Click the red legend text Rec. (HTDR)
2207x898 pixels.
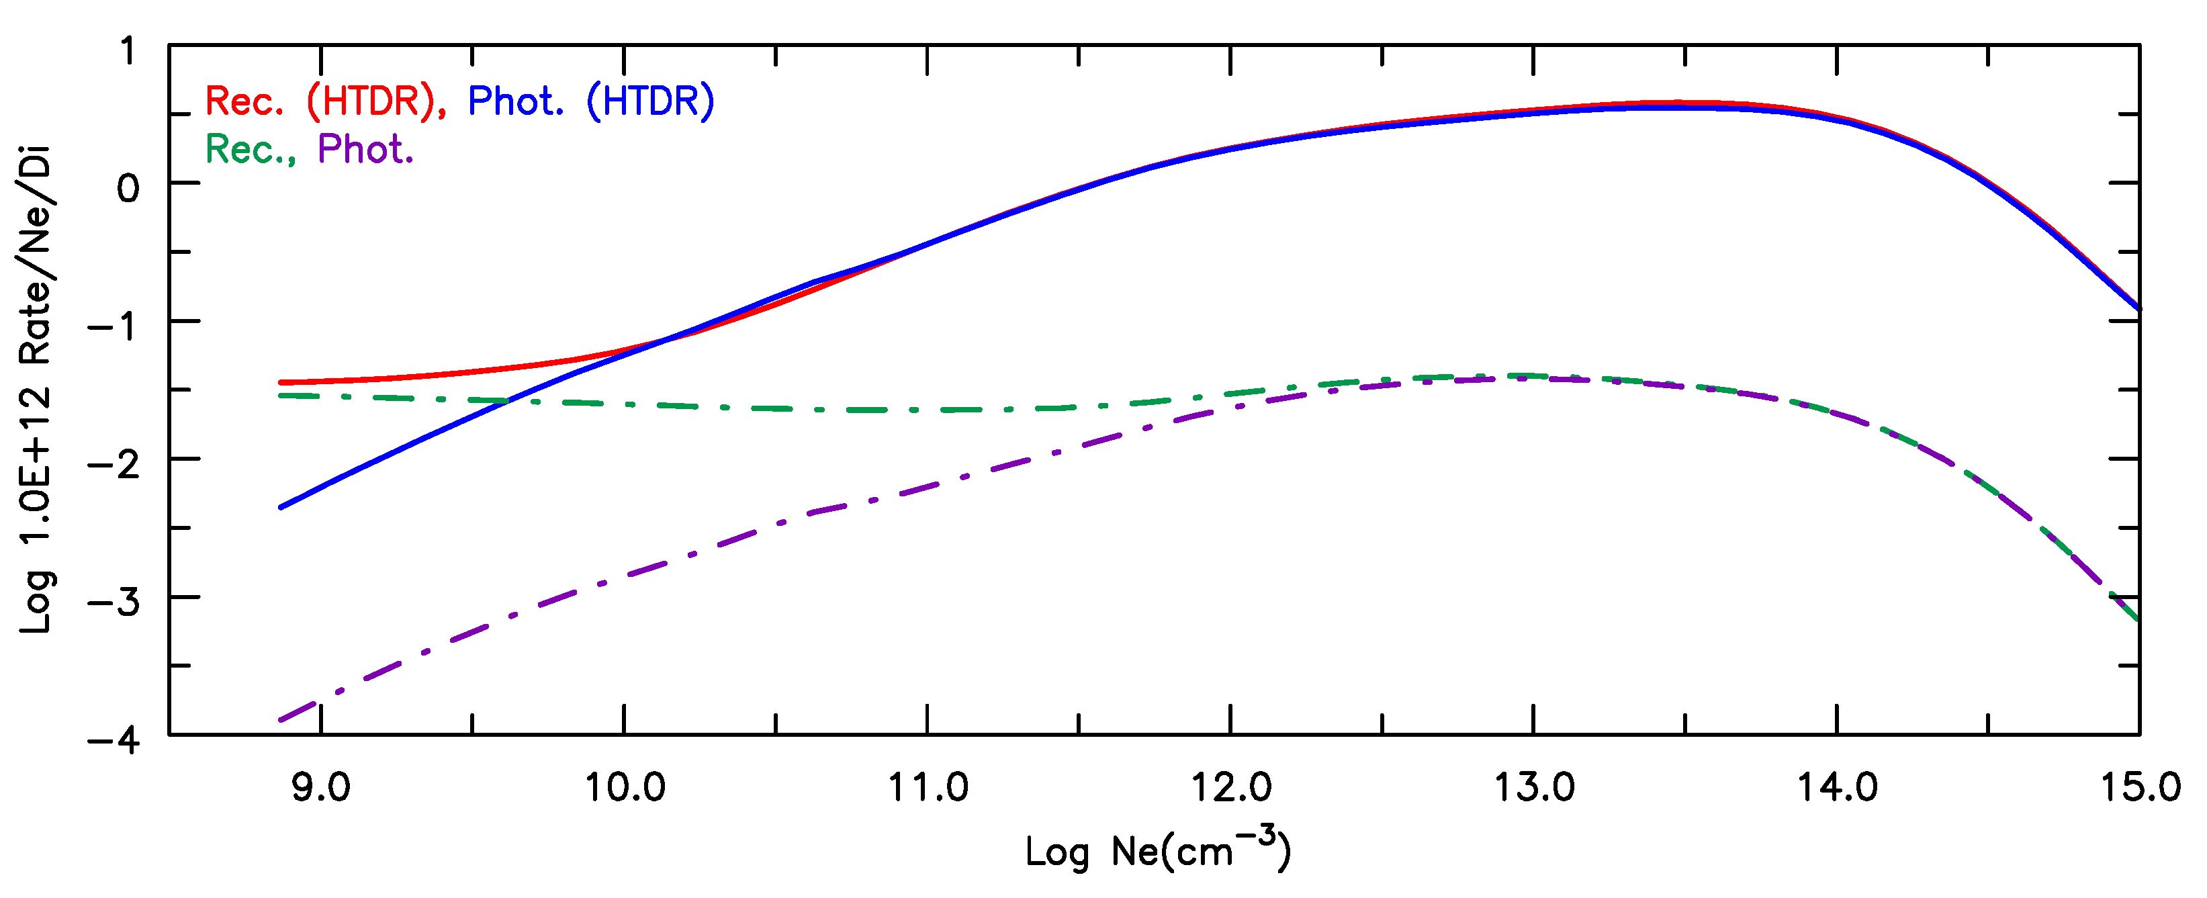tap(324, 101)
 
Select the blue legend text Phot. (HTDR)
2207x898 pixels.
tap(590, 101)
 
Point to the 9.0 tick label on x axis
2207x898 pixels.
tap(320, 787)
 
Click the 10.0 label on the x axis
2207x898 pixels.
tap(625, 787)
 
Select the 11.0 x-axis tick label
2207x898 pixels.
tap(928, 787)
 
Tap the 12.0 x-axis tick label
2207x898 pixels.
tap(1231, 787)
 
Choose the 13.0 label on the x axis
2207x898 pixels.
tap(1535, 787)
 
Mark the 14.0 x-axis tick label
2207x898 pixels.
tap(1837, 787)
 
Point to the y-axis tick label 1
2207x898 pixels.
tap(128, 52)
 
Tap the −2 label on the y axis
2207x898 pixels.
tap(114, 464)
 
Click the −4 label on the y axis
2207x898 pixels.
tap(114, 739)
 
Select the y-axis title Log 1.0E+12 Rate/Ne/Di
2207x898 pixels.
tap(36, 390)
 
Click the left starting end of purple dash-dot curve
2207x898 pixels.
tap(281, 720)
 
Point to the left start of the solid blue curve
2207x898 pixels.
tap(281, 507)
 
